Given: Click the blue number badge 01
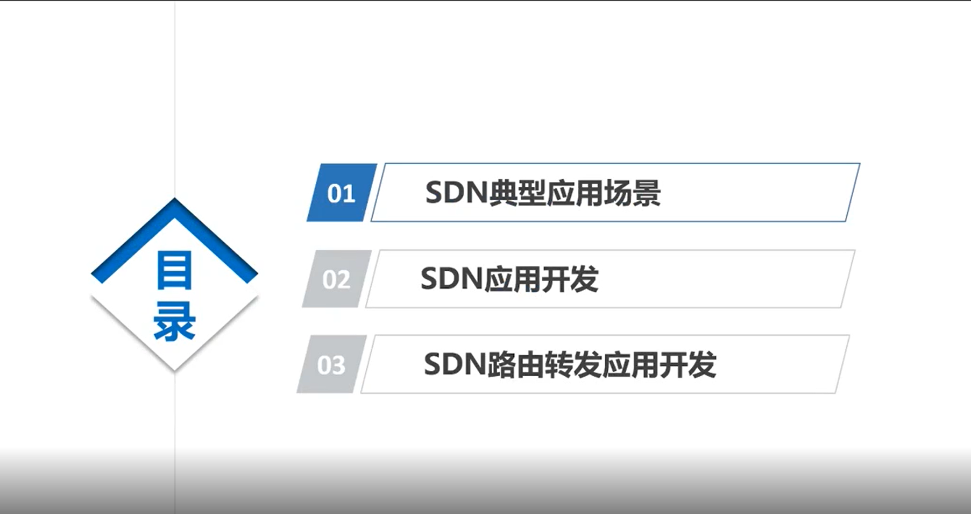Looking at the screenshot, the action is point(341,193).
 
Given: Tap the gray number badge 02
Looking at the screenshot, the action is point(336,279).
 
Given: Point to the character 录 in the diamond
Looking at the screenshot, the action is point(174,321).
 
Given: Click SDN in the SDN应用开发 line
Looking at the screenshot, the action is point(451,279).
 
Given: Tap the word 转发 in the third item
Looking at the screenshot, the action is point(573,365).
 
